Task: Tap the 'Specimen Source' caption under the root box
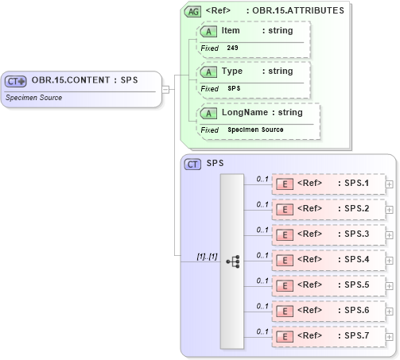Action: [34, 98]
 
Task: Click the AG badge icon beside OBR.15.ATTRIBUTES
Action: [192, 11]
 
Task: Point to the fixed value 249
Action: [232, 48]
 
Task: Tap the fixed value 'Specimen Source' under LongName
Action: [256, 130]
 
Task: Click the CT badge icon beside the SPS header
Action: [192, 164]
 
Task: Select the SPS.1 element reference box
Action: [328, 184]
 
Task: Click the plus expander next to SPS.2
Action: [389, 210]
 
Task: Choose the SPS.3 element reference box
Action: [328, 234]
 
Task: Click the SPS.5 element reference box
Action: [328, 285]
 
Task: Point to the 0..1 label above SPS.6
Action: [262, 306]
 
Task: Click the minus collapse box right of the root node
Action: [165, 89]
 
